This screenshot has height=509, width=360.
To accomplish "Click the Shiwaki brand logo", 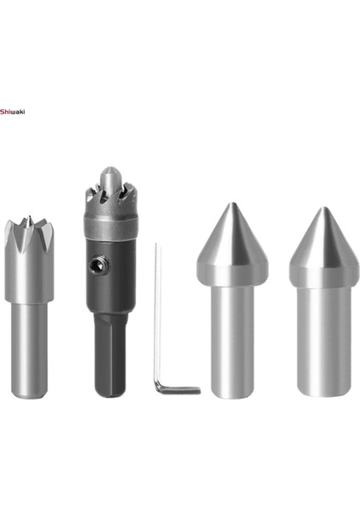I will [14, 110].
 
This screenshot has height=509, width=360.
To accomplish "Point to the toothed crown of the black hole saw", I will [110, 200].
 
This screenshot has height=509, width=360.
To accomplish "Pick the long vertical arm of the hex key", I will [157, 314].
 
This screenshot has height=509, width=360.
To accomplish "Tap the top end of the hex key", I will [156, 246].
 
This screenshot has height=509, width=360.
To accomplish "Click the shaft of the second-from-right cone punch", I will [232, 339].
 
